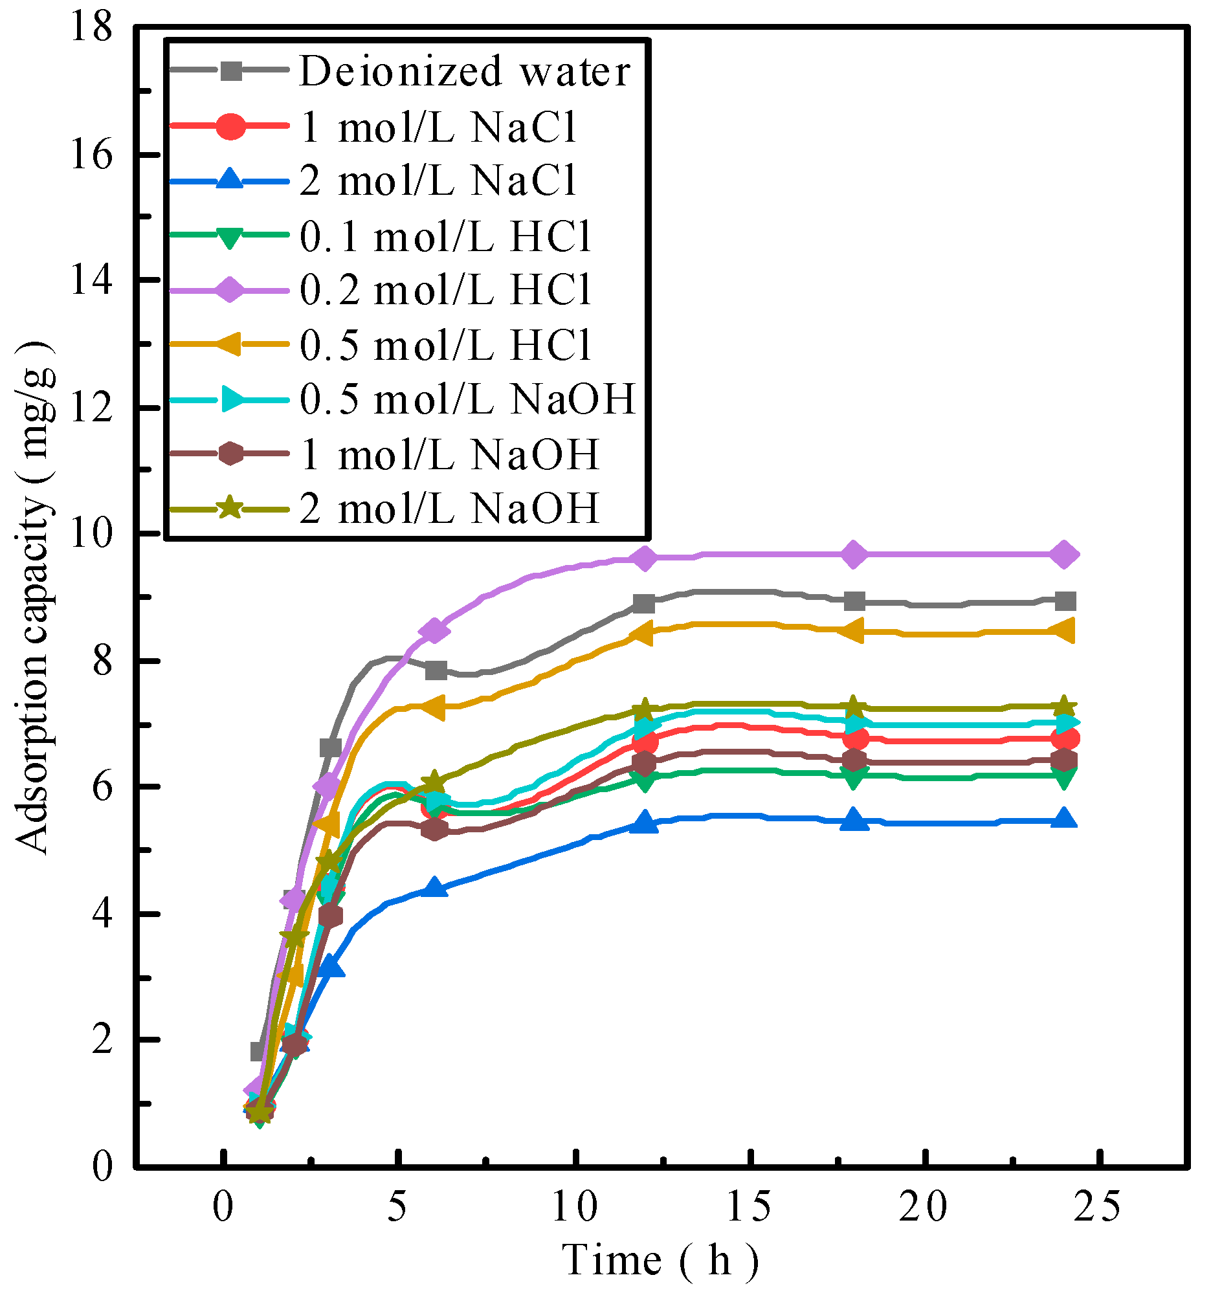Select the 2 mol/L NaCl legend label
click(x=438, y=181)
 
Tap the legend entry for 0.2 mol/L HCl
click(x=445, y=289)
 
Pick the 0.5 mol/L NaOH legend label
click(x=467, y=399)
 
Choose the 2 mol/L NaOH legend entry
click(x=449, y=509)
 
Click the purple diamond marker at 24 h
click(x=1064, y=555)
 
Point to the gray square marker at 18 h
click(x=854, y=601)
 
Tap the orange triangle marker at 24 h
click(x=1064, y=630)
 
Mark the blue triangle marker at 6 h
click(x=435, y=889)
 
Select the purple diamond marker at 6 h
click(x=435, y=630)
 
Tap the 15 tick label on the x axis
click(x=749, y=1207)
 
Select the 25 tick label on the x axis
click(x=1098, y=1207)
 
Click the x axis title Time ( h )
click(x=660, y=1261)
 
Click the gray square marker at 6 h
click(x=435, y=670)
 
